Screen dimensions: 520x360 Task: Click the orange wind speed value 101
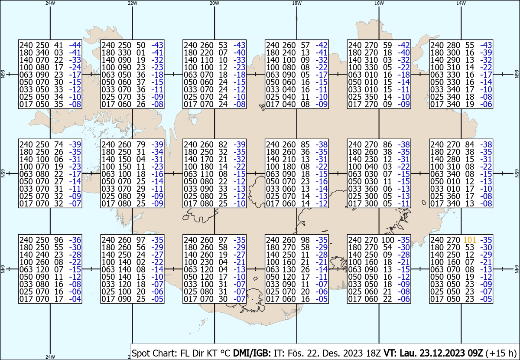[470, 240]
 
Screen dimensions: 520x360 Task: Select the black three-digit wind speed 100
[388, 240]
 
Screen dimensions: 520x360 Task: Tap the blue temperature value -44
[75, 45]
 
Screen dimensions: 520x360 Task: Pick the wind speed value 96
[58, 240]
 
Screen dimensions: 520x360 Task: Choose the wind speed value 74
[58, 144]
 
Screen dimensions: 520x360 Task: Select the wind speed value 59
[387, 45]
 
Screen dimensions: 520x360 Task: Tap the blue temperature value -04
[75, 299]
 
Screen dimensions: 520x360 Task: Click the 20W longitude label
[214, 3]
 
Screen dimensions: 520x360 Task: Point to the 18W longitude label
[297, 3]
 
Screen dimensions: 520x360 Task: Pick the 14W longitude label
[461, 3]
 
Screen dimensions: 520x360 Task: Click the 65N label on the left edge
[3, 173]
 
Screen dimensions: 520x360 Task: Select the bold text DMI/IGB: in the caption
[252, 353]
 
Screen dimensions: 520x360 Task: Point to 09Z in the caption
[475, 353]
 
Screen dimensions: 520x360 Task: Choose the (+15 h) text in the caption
[501, 353]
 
